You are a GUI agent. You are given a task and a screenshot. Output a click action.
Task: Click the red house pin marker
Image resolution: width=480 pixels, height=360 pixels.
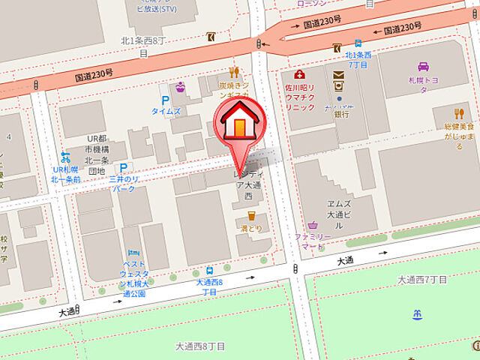coord(238,121)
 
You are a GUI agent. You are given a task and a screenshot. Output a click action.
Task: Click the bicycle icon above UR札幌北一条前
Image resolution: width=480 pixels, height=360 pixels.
coord(65,157)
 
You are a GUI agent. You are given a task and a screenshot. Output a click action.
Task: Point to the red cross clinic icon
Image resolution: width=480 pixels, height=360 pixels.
coord(300,75)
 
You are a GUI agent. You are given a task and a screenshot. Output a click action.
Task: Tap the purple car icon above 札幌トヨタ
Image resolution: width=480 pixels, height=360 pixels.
coord(424,66)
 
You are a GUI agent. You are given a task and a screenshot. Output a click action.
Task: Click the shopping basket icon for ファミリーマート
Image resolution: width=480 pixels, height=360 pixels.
coord(312,224)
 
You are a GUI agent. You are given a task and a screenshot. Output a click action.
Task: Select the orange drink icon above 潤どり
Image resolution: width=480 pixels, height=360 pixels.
coord(250,216)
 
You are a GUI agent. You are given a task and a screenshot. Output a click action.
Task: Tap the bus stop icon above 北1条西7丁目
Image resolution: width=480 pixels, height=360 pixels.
coord(357,43)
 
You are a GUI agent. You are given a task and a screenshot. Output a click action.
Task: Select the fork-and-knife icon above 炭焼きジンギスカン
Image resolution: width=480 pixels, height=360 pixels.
coord(234,73)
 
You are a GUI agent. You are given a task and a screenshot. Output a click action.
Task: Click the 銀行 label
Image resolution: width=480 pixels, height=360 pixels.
coord(341,115)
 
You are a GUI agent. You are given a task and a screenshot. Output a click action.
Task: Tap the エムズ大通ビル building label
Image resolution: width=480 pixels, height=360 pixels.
coord(340,214)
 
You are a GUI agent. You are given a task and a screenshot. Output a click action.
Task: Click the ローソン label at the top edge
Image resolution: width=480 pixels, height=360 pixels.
coord(310,4)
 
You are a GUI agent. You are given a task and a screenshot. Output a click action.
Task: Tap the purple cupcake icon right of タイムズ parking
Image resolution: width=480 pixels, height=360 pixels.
coord(180,88)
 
